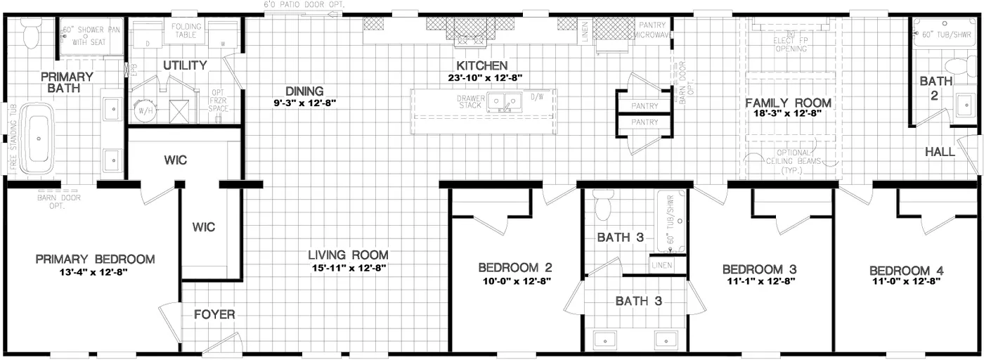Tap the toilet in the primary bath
tap(31, 31)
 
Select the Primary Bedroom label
tap(95, 259)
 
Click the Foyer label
tap(214, 314)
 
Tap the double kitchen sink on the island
tap(504, 103)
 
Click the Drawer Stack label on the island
tap(470, 102)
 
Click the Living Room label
tap(349, 255)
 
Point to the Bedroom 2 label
tap(514, 268)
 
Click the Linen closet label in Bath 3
tap(661, 265)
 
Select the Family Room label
tap(788, 103)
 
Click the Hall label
tap(939, 151)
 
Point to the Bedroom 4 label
tap(906, 271)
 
